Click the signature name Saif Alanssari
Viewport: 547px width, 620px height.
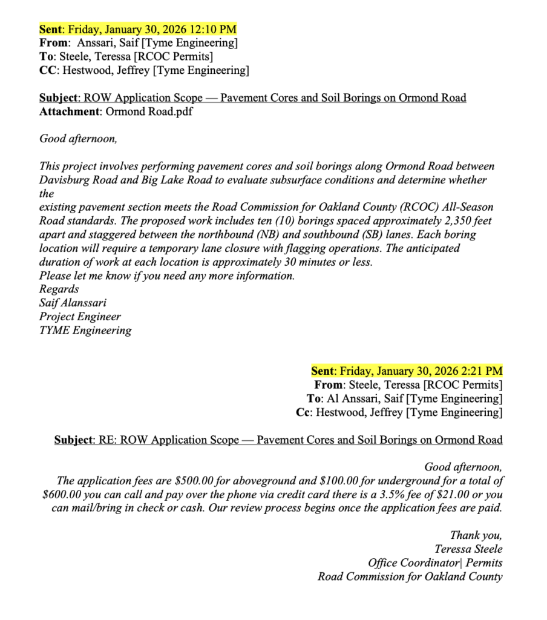73,303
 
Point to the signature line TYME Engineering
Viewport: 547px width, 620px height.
85,331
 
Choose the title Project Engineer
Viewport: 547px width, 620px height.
80,317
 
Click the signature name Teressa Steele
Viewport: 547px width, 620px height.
468,549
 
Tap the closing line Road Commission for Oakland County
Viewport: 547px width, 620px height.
410,576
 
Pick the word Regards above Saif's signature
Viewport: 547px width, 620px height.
59,289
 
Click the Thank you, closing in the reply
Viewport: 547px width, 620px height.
476,535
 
